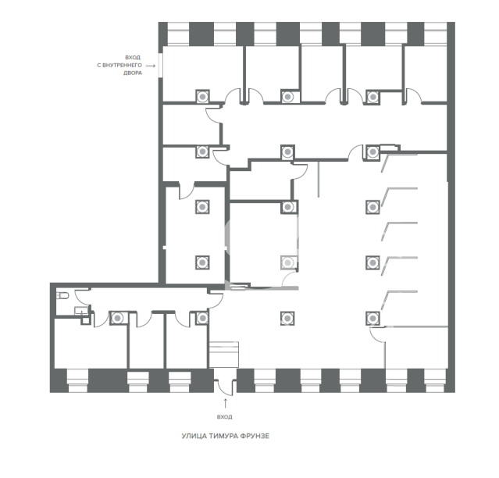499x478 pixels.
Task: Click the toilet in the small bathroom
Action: click(62, 296)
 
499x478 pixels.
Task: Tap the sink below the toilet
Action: click(80, 310)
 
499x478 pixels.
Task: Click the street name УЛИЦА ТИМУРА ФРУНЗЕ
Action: click(226, 436)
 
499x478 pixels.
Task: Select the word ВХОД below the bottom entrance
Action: click(225, 416)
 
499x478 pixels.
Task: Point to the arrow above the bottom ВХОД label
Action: click(226, 403)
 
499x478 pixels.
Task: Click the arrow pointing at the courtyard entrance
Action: click(151, 66)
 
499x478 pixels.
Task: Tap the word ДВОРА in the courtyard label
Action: click(133, 73)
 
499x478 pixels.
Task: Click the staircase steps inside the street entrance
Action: click(223, 355)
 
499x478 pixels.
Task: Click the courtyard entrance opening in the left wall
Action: click(161, 65)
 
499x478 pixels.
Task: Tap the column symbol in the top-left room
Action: click(202, 96)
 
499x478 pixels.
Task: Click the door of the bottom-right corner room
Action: click(377, 334)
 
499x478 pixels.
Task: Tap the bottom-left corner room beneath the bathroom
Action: click(91, 344)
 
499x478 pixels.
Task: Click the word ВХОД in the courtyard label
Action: click(133, 58)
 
